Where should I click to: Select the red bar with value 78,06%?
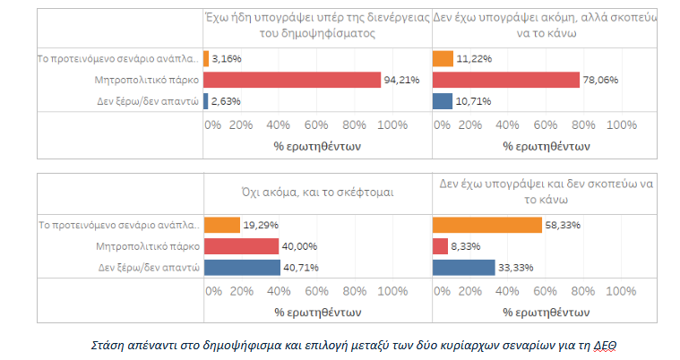(x=506, y=81)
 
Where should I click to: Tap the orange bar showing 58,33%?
(x=486, y=225)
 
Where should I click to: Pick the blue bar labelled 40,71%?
(x=242, y=267)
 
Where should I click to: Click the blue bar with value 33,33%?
(x=463, y=267)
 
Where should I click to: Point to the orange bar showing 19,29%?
(x=222, y=225)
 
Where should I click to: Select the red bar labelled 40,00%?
(x=241, y=246)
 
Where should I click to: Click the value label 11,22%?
(x=472, y=59)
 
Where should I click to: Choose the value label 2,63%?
(x=226, y=101)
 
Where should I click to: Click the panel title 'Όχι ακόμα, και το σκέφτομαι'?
(x=317, y=192)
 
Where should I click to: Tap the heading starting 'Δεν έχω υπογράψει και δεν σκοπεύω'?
(x=550, y=192)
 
